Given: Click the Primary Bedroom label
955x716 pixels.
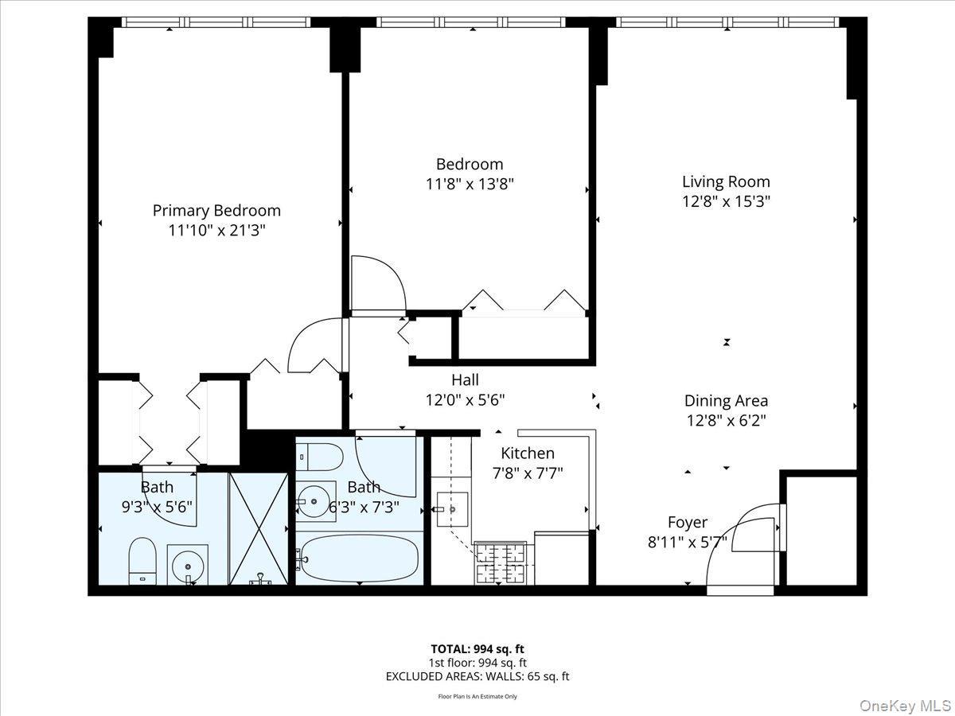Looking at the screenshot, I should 216,211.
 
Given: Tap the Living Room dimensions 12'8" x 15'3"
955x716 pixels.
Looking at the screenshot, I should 726,202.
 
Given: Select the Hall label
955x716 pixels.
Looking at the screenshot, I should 465,380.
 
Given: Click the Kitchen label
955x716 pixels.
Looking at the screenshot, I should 527,453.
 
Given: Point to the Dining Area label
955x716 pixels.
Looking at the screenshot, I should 726,401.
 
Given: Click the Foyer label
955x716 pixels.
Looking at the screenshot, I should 687,523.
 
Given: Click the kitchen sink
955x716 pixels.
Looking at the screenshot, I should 451,507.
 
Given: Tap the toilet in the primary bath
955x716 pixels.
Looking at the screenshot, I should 143,560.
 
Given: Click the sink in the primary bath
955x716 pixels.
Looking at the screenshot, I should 188,565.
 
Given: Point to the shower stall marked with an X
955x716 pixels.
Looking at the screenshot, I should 258,527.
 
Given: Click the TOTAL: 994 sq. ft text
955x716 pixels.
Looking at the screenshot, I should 477,648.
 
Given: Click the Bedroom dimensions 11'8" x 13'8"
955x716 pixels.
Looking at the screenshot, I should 470,184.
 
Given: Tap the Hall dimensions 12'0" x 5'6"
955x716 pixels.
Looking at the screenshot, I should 465,399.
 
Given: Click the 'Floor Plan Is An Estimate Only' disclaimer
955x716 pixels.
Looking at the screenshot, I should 477,696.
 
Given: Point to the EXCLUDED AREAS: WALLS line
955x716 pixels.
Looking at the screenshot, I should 477,677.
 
